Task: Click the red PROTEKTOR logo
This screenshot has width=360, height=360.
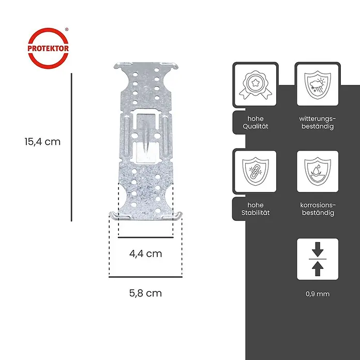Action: [x=48, y=48]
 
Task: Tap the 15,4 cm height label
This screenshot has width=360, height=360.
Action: [x=42, y=142]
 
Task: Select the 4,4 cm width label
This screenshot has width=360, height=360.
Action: [x=145, y=253]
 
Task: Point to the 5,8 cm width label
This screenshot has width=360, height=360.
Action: [x=145, y=293]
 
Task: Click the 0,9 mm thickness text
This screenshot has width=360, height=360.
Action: [x=318, y=294]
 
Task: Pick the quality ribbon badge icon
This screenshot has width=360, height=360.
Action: [x=256, y=85]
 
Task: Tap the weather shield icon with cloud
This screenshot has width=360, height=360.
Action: [x=318, y=85]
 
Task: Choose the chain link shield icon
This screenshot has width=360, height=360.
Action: [x=256, y=171]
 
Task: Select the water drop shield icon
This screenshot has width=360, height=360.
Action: [x=318, y=171]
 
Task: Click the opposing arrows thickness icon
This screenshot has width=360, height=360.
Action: [x=318, y=259]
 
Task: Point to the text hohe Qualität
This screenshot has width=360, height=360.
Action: [x=256, y=123]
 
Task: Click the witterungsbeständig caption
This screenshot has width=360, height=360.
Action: [x=318, y=123]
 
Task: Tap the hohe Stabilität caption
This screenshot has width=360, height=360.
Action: [x=256, y=208]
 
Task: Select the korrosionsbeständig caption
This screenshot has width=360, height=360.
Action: [x=318, y=208]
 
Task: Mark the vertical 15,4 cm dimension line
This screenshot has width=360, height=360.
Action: [x=71, y=147]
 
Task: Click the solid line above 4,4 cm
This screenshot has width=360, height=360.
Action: [x=146, y=237]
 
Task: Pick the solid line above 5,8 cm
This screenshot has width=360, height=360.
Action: [x=145, y=277]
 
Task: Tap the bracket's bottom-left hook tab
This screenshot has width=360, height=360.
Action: [x=119, y=216]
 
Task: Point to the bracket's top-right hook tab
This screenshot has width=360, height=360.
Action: [x=170, y=66]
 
